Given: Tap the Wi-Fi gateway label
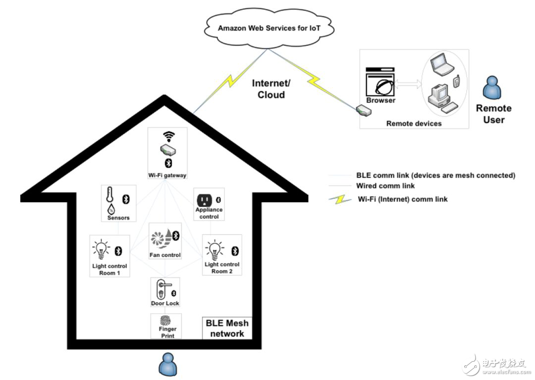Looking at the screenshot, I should (167, 175).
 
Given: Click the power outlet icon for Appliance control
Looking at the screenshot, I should (204, 200).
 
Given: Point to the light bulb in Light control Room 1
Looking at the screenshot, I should (101, 249).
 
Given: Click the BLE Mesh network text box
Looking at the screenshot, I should (227, 328).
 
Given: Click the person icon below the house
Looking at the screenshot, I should (167, 366).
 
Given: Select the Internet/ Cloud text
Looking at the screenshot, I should (271, 89).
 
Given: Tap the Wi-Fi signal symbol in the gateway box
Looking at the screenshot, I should (169, 136).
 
